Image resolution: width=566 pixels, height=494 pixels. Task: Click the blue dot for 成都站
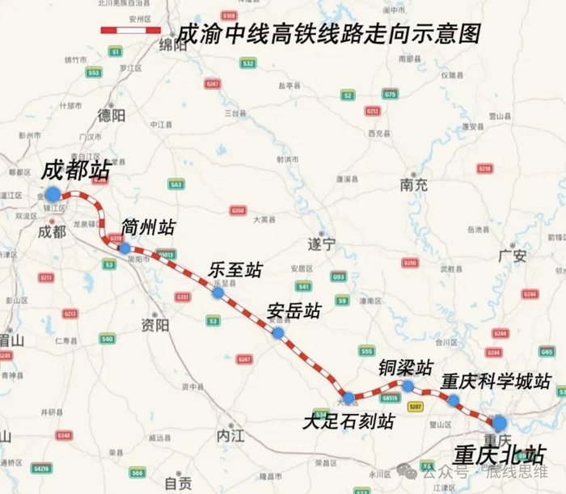pos(53,194)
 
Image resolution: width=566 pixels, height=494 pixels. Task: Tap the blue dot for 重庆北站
pos(499,422)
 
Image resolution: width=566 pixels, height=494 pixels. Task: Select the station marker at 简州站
pos(125,248)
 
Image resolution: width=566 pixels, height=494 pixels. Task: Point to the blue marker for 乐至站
pos(218,293)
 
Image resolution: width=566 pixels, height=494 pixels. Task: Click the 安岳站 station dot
pos(278,332)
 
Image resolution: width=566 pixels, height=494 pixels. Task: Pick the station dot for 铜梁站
pos(408,386)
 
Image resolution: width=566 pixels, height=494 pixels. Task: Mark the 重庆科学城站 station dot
pos(454,399)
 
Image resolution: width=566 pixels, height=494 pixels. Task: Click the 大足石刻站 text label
pos(348,422)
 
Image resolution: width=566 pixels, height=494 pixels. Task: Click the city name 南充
pos(414,184)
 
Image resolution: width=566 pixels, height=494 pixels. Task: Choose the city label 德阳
pos(111,116)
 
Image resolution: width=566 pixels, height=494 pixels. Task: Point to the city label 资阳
pos(154,325)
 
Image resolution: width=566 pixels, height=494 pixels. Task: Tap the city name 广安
pos(513,255)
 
